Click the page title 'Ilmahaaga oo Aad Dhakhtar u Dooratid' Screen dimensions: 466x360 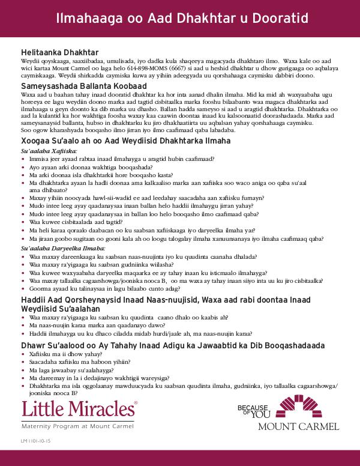click(179, 18)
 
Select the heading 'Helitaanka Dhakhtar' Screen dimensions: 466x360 click(59, 53)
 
